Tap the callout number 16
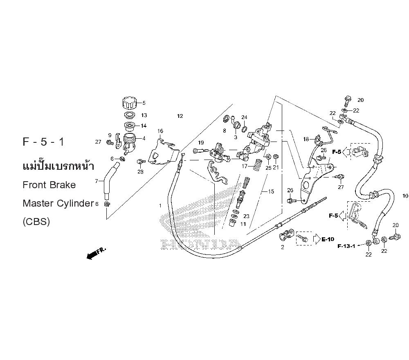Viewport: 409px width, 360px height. (x=160, y=131)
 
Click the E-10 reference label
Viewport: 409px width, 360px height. (x=328, y=239)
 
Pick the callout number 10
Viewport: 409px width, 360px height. (x=405, y=196)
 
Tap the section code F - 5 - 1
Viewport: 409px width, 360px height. (x=43, y=143)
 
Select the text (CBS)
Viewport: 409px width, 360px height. (x=36, y=222)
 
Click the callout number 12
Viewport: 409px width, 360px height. (x=180, y=116)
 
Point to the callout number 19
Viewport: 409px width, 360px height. (x=201, y=143)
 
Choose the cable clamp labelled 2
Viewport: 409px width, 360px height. (x=285, y=236)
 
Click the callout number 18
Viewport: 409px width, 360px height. (x=306, y=139)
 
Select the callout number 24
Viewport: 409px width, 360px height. (x=244, y=117)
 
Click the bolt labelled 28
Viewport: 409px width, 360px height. (x=139, y=162)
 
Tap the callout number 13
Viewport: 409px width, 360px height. (x=144, y=115)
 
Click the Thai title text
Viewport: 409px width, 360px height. (x=58, y=166)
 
